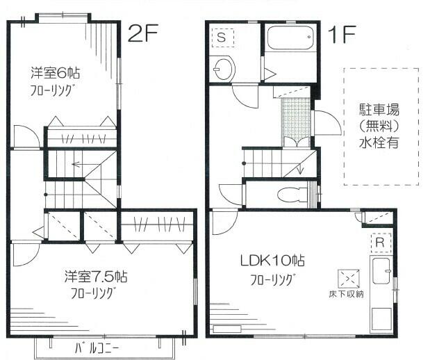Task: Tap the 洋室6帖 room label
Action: click(54, 72)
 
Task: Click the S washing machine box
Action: click(222, 35)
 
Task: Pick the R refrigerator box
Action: click(380, 243)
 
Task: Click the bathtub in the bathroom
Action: click(290, 39)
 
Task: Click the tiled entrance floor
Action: click(295, 118)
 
